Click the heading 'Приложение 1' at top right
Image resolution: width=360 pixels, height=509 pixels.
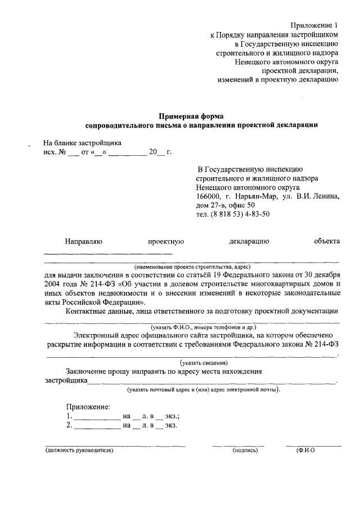315,25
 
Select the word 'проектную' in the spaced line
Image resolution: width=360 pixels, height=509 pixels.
166,241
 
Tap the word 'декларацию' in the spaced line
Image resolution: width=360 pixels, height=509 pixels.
249,241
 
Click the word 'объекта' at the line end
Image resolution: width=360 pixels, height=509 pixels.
327,241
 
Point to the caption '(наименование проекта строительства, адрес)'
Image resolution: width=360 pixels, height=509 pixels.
192,267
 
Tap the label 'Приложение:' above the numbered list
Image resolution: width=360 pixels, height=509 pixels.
88,407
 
